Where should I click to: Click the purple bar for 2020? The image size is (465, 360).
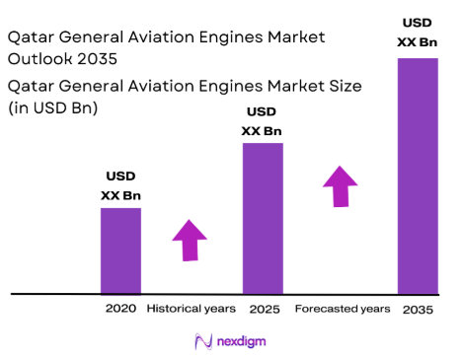(x=120, y=251)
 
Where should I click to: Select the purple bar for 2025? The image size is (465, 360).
(x=263, y=218)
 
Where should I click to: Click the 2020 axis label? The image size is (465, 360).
(x=120, y=309)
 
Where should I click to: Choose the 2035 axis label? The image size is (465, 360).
(x=417, y=309)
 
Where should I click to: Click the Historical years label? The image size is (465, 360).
(x=191, y=309)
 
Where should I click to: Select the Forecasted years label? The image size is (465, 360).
(x=342, y=309)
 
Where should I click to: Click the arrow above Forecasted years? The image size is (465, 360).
(x=340, y=185)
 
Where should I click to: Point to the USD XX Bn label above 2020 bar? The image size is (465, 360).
(x=120, y=185)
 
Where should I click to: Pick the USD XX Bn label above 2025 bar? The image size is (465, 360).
(x=262, y=121)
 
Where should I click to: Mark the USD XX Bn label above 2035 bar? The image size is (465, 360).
(x=417, y=32)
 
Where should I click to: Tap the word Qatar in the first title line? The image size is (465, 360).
(x=31, y=37)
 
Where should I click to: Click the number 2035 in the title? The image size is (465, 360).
(x=101, y=58)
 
